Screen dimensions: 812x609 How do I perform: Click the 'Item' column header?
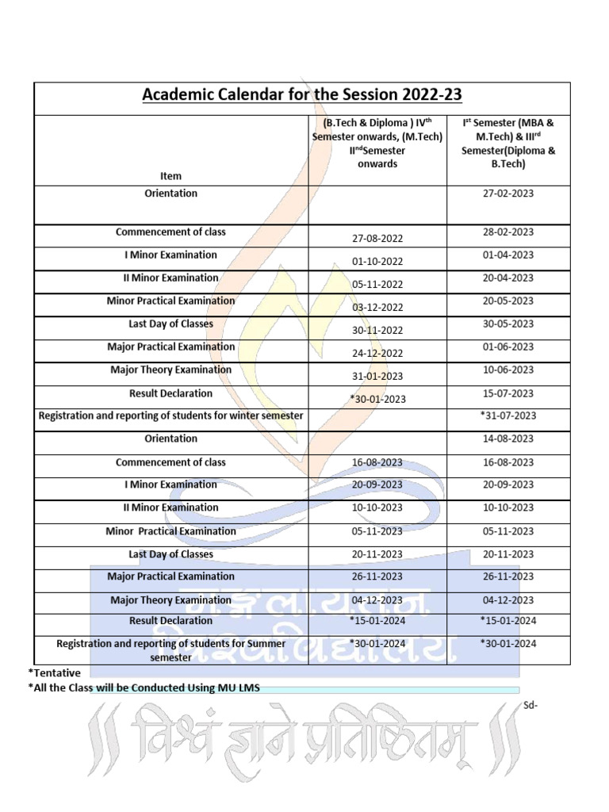(x=170, y=176)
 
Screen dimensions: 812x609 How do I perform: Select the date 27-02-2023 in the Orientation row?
(x=508, y=193)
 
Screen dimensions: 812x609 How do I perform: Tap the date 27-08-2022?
(x=377, y=239)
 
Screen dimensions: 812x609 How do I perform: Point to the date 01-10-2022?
(x=377, y=262)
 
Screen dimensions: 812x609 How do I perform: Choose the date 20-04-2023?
(x=508, y=278)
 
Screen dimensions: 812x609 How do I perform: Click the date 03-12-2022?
(x=377, y=307)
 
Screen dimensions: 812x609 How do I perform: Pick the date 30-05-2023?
(x=508, y=324)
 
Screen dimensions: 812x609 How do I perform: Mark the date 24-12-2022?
(x=377, y=353)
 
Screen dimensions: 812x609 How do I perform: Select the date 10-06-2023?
(x=508, y=370)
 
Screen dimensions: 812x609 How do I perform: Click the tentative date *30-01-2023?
(x=377, y=399)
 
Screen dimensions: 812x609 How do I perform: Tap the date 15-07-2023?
(x=508, y=393)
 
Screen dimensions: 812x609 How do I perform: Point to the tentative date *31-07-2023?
(x=508, y=416)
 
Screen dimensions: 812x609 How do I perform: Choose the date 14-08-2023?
(x=508, y=439)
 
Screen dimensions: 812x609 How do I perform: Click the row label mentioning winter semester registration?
(x=170, y=416)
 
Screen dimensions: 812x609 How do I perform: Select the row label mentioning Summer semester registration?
(x=170, y=650)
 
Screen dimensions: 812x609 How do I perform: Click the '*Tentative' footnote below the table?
(x=54, y=672)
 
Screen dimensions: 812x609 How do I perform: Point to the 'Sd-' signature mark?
(x=531, y=705)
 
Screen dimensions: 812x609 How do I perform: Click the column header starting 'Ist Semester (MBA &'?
(x=508, y=144)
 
